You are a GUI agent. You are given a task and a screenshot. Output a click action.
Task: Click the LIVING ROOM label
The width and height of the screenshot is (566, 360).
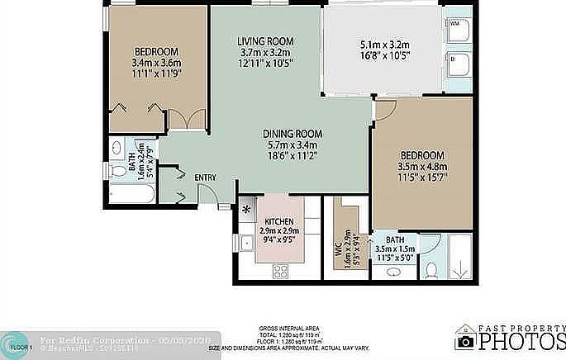click(x=265, y=41)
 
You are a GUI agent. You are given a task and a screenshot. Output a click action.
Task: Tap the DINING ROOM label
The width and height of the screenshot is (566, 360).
click(x=293, y=134)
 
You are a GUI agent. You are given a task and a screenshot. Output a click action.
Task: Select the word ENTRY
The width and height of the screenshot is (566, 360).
click(x=205, y=178)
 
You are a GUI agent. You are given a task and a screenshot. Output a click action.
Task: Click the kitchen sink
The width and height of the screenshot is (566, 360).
click(x=246, y=243)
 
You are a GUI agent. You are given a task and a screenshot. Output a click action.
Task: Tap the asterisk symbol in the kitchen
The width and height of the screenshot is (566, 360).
click(x=246, y=209)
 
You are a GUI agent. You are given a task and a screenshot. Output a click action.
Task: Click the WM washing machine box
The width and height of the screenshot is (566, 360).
click(x=457, y=30)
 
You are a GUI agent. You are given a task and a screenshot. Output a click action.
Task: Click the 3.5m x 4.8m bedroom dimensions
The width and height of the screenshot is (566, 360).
click(x=422, y=166)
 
